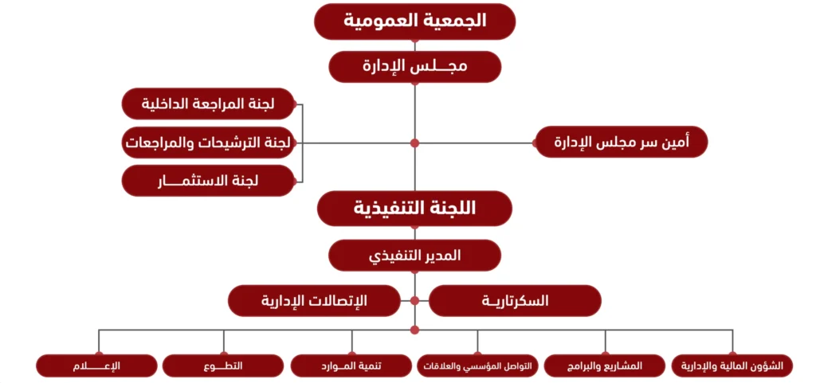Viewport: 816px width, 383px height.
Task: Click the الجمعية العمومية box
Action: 414,21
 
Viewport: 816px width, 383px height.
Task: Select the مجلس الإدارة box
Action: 414,67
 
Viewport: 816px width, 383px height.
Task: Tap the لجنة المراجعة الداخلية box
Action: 208,104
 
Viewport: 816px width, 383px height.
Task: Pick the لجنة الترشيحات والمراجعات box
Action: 208,142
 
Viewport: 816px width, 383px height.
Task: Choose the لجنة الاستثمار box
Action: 208,181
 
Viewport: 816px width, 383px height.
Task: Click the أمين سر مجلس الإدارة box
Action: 622,142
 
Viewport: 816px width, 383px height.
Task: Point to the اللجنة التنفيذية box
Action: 414,209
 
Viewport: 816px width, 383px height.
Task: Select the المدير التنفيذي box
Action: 414,255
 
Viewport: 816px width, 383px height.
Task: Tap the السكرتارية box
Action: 515,300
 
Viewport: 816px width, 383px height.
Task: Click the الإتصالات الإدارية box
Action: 314,300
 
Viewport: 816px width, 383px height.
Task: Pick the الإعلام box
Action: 96,365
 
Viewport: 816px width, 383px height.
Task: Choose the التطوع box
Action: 223,365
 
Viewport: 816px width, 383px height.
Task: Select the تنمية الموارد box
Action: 351,365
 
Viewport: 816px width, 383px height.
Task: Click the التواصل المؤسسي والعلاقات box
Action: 478,365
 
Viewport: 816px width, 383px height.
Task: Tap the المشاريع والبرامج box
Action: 605,365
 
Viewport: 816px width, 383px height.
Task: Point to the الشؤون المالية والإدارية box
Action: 732,365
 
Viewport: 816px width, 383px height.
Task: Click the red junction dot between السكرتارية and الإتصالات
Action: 414,300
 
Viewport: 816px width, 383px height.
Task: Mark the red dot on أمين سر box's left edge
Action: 535,143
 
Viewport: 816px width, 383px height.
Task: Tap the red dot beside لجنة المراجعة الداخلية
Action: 295,104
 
